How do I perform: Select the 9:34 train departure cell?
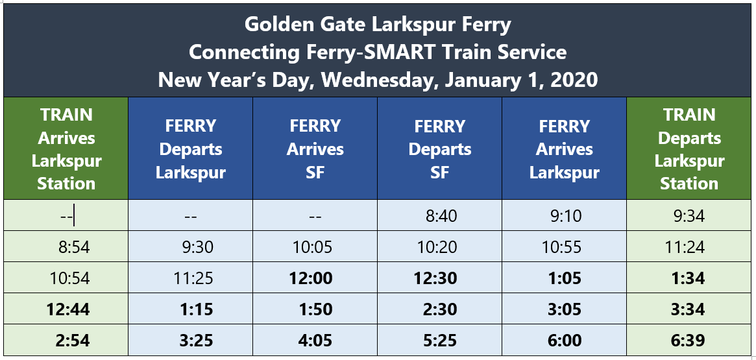[689, 216]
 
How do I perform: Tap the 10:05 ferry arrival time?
[315, 247]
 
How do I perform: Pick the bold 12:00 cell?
[315, 278]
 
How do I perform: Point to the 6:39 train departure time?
[689, 341]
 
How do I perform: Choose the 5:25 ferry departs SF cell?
[440, 341]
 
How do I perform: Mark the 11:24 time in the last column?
[689, 247]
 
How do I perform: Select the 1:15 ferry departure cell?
[191, 309]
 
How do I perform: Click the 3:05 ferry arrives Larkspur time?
[565, 309]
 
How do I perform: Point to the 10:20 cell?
[440, 247]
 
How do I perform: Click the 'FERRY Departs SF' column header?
[440, 149]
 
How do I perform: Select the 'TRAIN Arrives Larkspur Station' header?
[66, 149]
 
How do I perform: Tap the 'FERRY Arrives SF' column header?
[315, 149]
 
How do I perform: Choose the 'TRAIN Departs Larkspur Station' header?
[689, 149]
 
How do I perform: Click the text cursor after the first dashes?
[75, 216]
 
